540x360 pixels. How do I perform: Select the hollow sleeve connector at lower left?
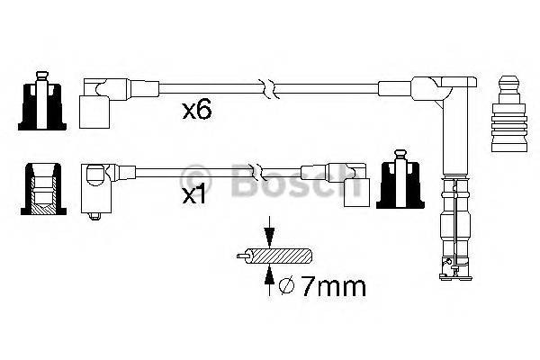[40, 191]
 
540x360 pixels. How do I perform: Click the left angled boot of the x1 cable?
[96, 186]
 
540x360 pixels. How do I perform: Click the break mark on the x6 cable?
[268, 88]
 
